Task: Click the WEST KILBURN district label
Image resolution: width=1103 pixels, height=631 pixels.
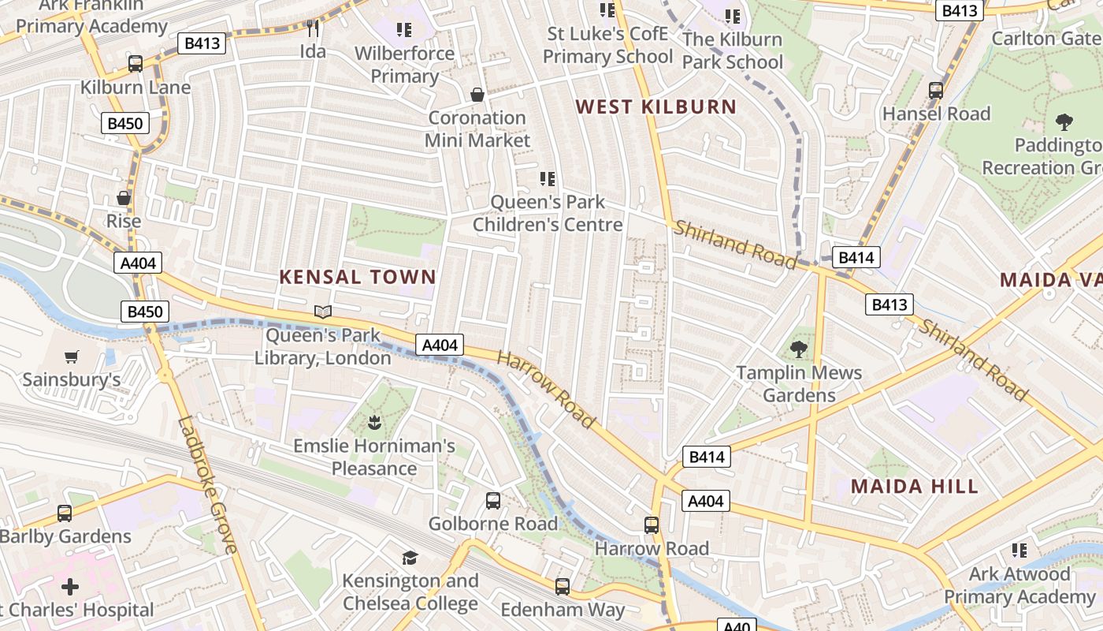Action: tap(656, 106)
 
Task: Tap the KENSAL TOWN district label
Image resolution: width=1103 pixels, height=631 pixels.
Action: tap(358, 277)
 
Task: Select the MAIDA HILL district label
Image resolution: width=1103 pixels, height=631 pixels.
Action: tap(915, 486)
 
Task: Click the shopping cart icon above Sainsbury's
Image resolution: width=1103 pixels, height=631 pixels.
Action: tap(72, 357)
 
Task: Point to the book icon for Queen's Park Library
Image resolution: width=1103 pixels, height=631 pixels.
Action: tap(323, 312)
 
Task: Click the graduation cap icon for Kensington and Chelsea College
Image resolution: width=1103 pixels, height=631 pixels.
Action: tap(410, 558)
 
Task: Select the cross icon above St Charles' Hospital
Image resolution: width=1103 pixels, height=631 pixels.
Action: tap(70, 587)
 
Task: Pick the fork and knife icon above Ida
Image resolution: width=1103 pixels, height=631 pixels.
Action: tap(313, 28)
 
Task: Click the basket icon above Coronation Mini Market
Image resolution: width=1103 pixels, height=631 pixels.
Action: tap(477, 95)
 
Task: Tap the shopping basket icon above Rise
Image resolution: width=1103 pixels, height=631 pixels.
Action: tap(124, 198)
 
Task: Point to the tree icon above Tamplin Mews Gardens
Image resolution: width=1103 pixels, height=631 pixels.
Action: tap(799, 349)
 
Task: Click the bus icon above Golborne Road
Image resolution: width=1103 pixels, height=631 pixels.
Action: tap(492, 500)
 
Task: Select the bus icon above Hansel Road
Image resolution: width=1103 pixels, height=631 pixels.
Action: tap(936, 90)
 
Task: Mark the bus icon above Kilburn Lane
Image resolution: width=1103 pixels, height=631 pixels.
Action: tap(136, 64)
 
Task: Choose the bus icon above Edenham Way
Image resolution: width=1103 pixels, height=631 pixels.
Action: tap(563, 586)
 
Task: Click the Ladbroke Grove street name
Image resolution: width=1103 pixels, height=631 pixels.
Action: tap(208, 485)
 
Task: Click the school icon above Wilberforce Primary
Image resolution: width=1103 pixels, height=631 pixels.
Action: tap(404, 30)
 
